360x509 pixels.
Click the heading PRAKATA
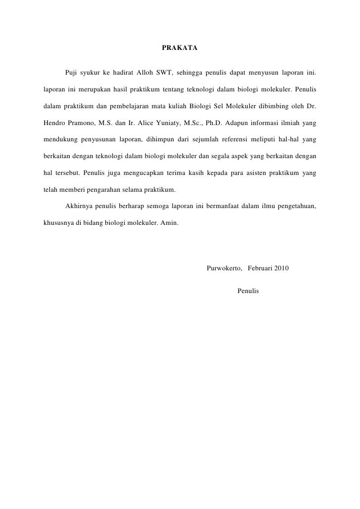[180, 48]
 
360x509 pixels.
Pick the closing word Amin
[170, 222]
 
